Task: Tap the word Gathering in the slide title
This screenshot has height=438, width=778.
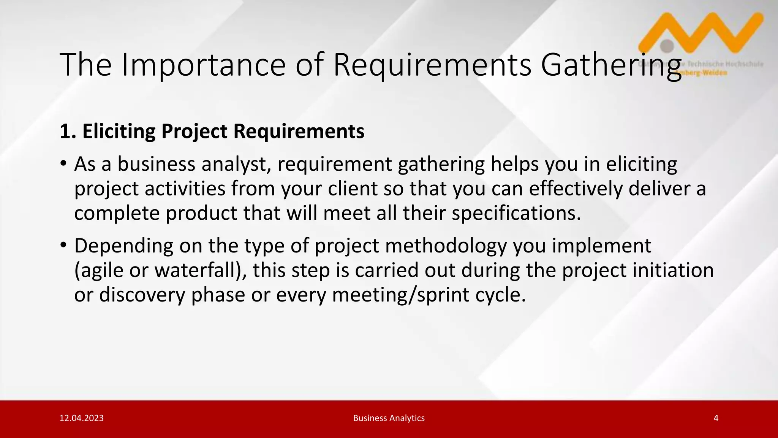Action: click(x=611, y=65)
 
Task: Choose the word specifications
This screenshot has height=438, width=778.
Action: click(x=516, y=213)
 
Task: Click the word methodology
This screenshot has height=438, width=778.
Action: click(x=446, y=246)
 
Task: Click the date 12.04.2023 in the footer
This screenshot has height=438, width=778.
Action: click(x=82, y=418)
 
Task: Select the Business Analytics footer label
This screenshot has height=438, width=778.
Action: click(x=389, y=418)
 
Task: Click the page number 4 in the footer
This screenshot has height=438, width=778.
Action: click(x=716, y=418)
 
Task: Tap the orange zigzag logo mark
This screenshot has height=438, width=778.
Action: click(x=703, y=32)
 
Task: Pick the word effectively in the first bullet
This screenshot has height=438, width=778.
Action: click(x=576, y=189)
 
